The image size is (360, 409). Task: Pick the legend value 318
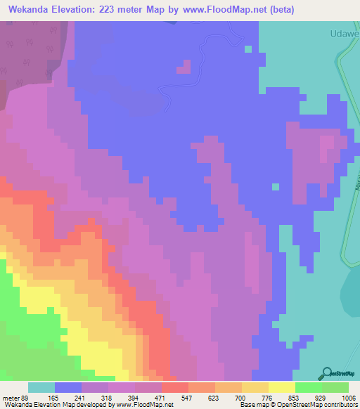click(94, 397)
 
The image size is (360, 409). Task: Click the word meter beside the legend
click(11, 397)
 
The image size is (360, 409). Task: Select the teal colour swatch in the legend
click(41, 387)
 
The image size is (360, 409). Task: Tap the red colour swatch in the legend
click(175, 387)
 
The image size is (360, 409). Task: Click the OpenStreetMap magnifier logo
click(326, 373)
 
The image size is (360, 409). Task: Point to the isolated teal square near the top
click(247, 49)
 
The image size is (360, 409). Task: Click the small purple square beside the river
click(184, 67)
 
